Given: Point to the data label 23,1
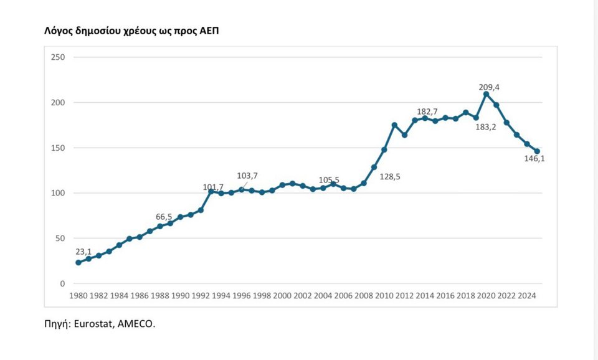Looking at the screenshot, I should [x=84, y=252].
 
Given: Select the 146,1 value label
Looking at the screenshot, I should [x=534, y=159].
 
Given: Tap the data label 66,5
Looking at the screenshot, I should [x=164, y=217].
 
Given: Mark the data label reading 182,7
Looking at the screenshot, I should [x=427, y=111].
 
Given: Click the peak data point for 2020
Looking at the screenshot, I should [x=486, y=94].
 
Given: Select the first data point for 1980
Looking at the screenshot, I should [x=78, y=263].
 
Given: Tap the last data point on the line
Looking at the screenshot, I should [x=537, y=151].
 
